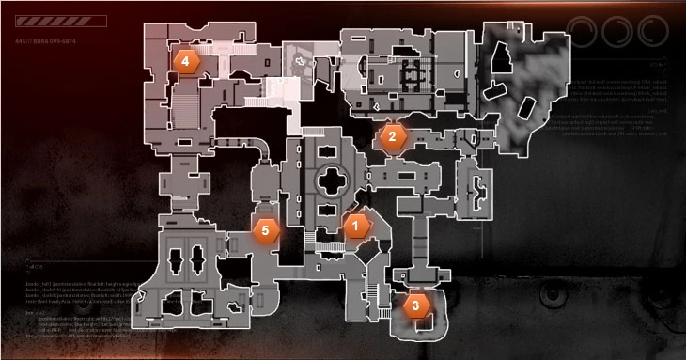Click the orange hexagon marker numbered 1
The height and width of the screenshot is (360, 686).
pyautogui.click(x=355, y=225)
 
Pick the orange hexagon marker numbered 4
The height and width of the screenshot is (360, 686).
pyautogui.click(x=186, y=61)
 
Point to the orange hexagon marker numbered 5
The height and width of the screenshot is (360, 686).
pyautogui.click(x=266, y=228)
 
